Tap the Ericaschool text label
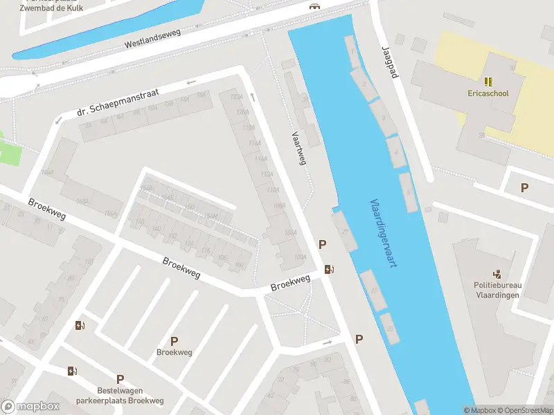coord(489,93)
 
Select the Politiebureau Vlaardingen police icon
coord(497,275)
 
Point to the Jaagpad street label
coord(390,62)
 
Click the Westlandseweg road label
coord(152,38)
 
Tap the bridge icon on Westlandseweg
coord(315,6)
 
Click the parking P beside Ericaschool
coord(524,187)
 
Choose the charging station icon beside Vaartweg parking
coord(330,270)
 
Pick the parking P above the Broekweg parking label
coord(174,340)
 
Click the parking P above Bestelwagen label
coord(120,379)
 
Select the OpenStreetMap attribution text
coord(527,410)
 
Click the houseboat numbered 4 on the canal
coord(397,151)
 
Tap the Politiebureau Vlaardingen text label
coord(498,289)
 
